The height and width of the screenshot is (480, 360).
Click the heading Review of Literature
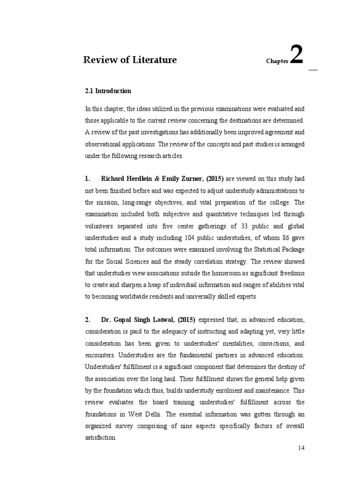[130, 60]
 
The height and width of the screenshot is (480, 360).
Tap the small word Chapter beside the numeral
[277, 61]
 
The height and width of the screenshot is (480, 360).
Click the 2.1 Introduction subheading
[108, 91]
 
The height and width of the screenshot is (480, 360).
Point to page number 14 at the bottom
[301, 448]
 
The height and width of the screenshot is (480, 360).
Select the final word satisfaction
[100, 437]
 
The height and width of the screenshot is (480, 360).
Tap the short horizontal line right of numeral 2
[313, 70]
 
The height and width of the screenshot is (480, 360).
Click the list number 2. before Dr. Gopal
[88, 320]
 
